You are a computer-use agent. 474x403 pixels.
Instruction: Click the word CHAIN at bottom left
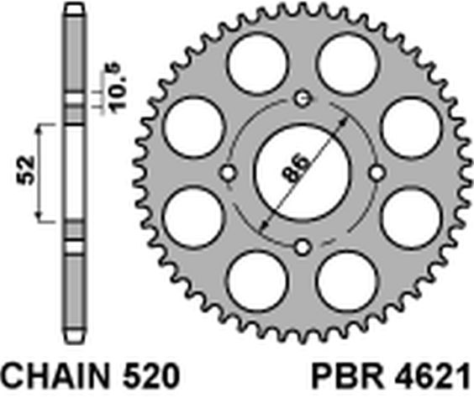55,376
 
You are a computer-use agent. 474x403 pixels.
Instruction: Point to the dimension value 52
27,170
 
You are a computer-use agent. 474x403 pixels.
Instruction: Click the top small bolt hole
303,98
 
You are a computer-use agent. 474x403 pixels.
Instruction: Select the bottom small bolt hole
303,248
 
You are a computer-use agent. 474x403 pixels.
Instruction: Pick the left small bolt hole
228,173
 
